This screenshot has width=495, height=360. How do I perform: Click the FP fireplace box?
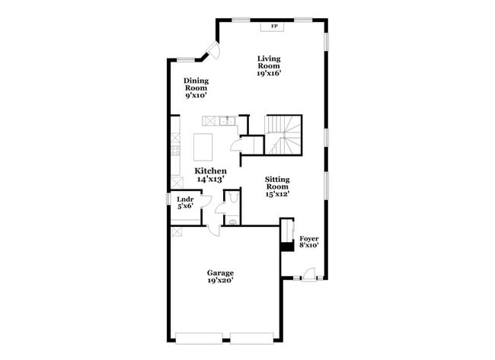coord(273,27)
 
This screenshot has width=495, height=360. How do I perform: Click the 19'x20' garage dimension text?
coord(220,280)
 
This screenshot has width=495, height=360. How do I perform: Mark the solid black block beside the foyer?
coord(287,246)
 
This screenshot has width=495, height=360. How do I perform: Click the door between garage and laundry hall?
coord(215,231)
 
